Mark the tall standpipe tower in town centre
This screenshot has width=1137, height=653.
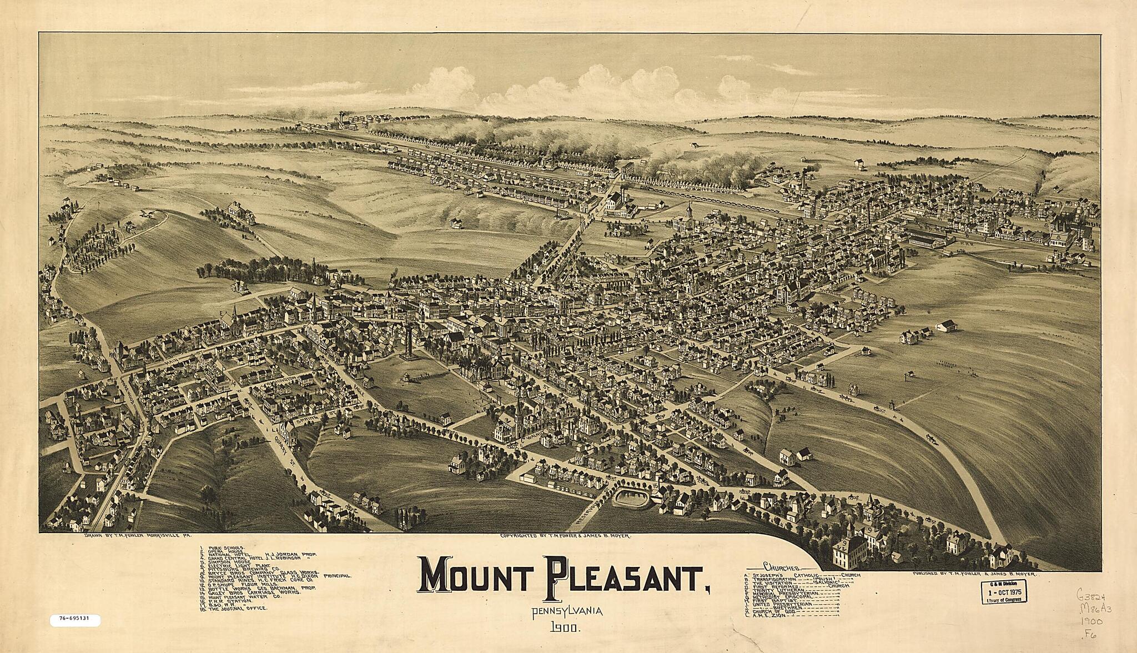coord(410,344)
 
